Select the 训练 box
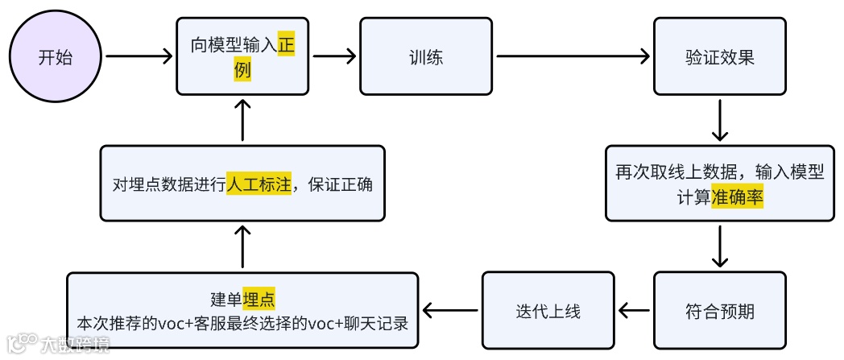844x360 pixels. [425, 57]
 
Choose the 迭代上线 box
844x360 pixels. [548, 311]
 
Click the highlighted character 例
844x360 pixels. [243, 71]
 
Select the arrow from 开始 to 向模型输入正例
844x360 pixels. [139, 56]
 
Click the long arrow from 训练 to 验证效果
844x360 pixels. [573, 56]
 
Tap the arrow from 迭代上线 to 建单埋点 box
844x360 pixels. [450, 311]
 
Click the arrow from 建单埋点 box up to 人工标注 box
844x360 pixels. [243, 246]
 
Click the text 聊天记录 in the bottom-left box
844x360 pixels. [383, 323]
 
